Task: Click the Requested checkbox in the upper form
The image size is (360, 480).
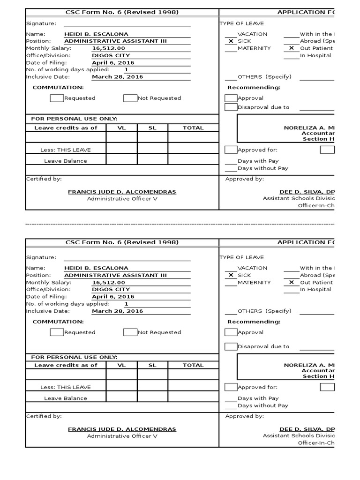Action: [x=57, y=98]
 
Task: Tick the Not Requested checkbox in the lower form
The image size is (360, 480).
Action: [x=130, y=332]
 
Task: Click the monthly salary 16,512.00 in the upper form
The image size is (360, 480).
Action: [x=108, y=48]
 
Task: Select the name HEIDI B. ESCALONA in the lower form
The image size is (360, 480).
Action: [x=96, y=268]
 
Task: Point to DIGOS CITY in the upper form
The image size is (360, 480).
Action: [x=111, y=55]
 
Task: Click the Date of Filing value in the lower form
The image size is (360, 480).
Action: [x=113, y=297]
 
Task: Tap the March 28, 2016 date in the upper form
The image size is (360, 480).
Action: [x=117, y=77]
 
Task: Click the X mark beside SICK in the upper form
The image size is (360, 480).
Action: [x=231, y=41]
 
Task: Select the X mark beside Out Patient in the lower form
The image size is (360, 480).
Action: [x=292, y=283]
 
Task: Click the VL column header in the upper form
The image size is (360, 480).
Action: [x=121, y=128]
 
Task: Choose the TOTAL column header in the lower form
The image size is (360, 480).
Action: [x=193, y=365]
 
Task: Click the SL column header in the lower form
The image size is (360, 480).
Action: [x=152, y=365]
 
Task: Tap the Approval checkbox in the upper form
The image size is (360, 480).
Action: [x=231, y=98]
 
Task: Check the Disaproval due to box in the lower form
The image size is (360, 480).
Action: [x=231, y=347]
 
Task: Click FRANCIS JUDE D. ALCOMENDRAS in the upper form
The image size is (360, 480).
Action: [x=122, y=192]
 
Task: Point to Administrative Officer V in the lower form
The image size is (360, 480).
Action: [x=122, y=436]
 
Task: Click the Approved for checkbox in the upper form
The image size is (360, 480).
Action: [x=231, y=150]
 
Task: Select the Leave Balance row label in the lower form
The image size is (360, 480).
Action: [x=66, y=398]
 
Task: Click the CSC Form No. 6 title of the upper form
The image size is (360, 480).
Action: [x=122, y=12]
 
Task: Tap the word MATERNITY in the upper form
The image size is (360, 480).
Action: [x=254, y=48]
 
